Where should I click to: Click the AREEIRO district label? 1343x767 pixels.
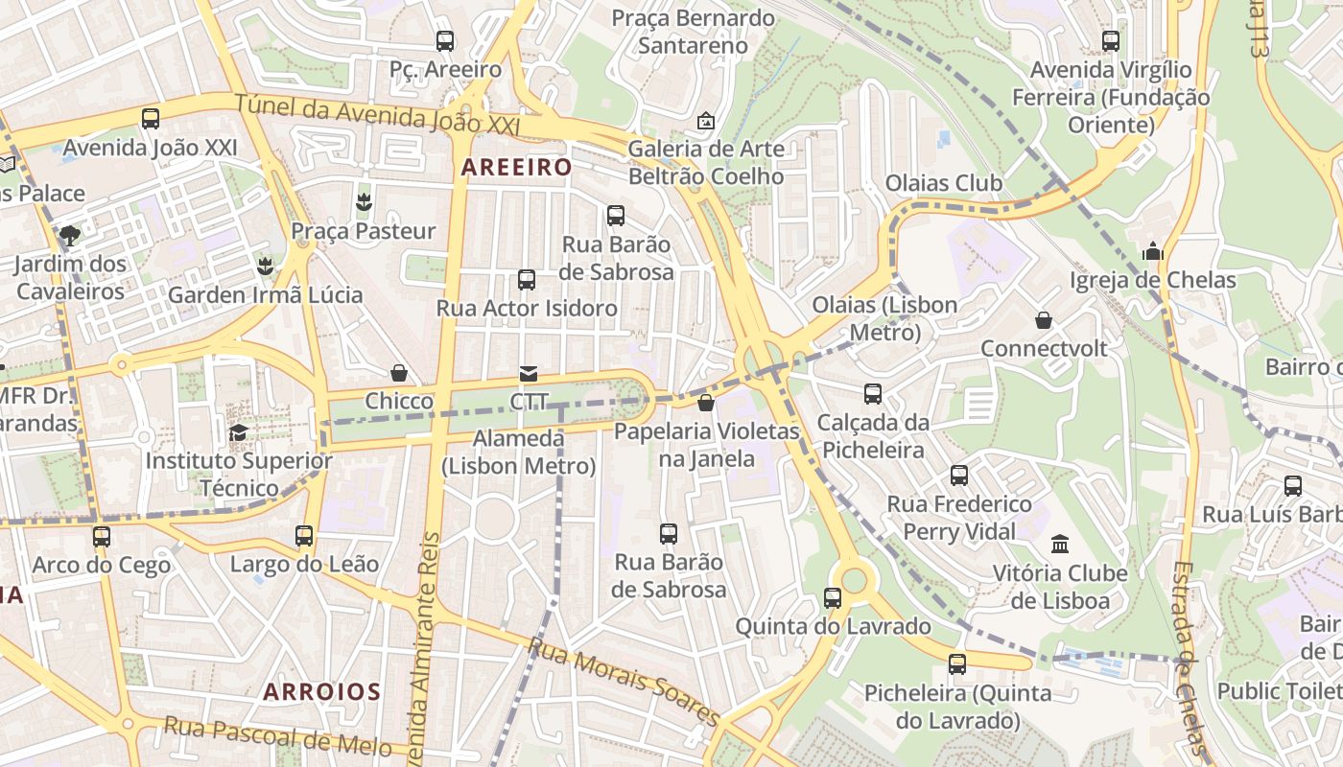[516, 167]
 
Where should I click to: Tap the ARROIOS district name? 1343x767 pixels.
[322, 691]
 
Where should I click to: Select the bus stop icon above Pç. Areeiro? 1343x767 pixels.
[445, 41]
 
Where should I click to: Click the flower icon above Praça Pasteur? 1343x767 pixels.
[364, 202]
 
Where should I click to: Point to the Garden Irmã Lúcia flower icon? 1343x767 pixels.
[265, 266]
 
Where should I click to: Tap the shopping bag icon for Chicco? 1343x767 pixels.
[399, 373]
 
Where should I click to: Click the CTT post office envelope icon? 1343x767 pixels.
[529, 374]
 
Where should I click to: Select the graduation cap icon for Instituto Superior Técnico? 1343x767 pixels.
[238, 432]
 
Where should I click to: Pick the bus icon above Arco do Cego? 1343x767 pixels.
[102, 537]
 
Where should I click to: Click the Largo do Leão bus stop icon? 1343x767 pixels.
[304, 536]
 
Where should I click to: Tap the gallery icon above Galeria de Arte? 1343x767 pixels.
[706, 121]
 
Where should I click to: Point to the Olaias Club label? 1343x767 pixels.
[943, 183]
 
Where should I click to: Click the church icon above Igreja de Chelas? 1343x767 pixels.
[1153, 252]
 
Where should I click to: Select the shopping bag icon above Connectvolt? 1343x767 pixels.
[1044, 320]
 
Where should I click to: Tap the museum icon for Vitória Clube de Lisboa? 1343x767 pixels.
[1060, 545]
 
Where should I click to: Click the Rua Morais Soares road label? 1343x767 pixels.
[624, 683]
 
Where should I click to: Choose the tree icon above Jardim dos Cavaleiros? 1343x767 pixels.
[70, 235]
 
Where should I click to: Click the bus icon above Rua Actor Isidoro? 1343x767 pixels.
[527, 280]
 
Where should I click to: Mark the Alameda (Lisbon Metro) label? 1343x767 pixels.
[519, 453]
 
